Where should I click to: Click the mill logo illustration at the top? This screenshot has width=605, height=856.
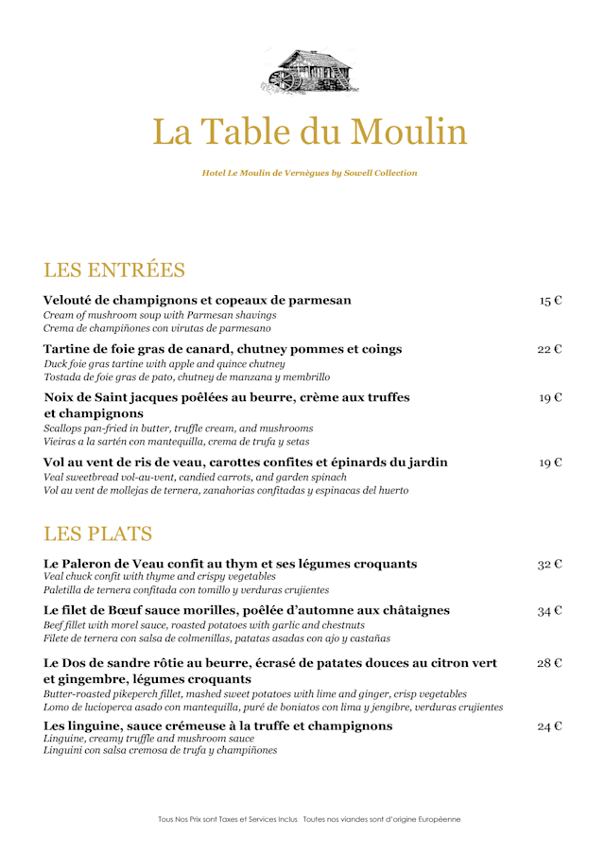(302, 72)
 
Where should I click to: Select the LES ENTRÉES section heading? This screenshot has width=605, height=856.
(114, 270)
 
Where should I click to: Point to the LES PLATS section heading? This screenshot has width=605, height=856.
(98, 533)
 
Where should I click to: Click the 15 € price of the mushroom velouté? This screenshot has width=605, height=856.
(551, 301)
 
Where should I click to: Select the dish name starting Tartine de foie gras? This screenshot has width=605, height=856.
(223, 349)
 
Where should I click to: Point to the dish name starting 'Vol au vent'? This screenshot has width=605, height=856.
(246, 463)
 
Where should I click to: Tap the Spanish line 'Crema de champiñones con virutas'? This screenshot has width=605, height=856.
(158, 328)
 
